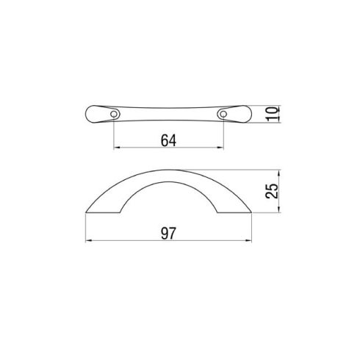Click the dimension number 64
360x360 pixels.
(x=168, y=140)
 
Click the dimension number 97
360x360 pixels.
(x=168, y=234)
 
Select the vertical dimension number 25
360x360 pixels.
(x=272, y=191)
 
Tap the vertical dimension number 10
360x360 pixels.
(x=273, y=114)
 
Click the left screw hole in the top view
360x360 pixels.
(x=114, y=114)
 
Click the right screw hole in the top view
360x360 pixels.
(x=223, y=114)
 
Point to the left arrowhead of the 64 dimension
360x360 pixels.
(x=117, y=148)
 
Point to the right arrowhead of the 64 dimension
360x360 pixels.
(x=220, y=148)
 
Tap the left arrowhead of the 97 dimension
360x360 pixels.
(x=89, y=240)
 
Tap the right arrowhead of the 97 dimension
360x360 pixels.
(x=248, y=240)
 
